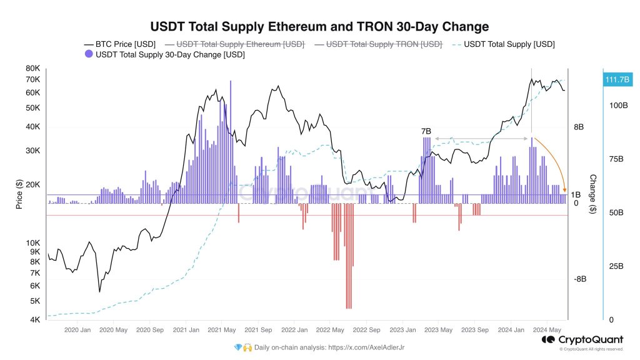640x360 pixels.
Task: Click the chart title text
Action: point(319,26)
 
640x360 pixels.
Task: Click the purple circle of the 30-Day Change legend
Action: point(88,55)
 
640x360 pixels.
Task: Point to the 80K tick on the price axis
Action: point(32,68)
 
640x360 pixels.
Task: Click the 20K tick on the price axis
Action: point(32,185)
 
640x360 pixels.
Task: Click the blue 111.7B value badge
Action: point(617,79)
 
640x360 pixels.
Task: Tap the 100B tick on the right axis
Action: point(618,106)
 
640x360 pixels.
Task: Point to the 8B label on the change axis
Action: point(579,127)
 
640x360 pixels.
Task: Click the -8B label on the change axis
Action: point(579,279)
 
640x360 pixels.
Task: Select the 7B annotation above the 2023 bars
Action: point(426,131)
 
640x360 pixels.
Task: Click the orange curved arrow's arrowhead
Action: point(564,190)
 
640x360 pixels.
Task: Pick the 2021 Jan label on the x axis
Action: point(186,329)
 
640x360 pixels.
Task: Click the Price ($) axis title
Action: point(19,194)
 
